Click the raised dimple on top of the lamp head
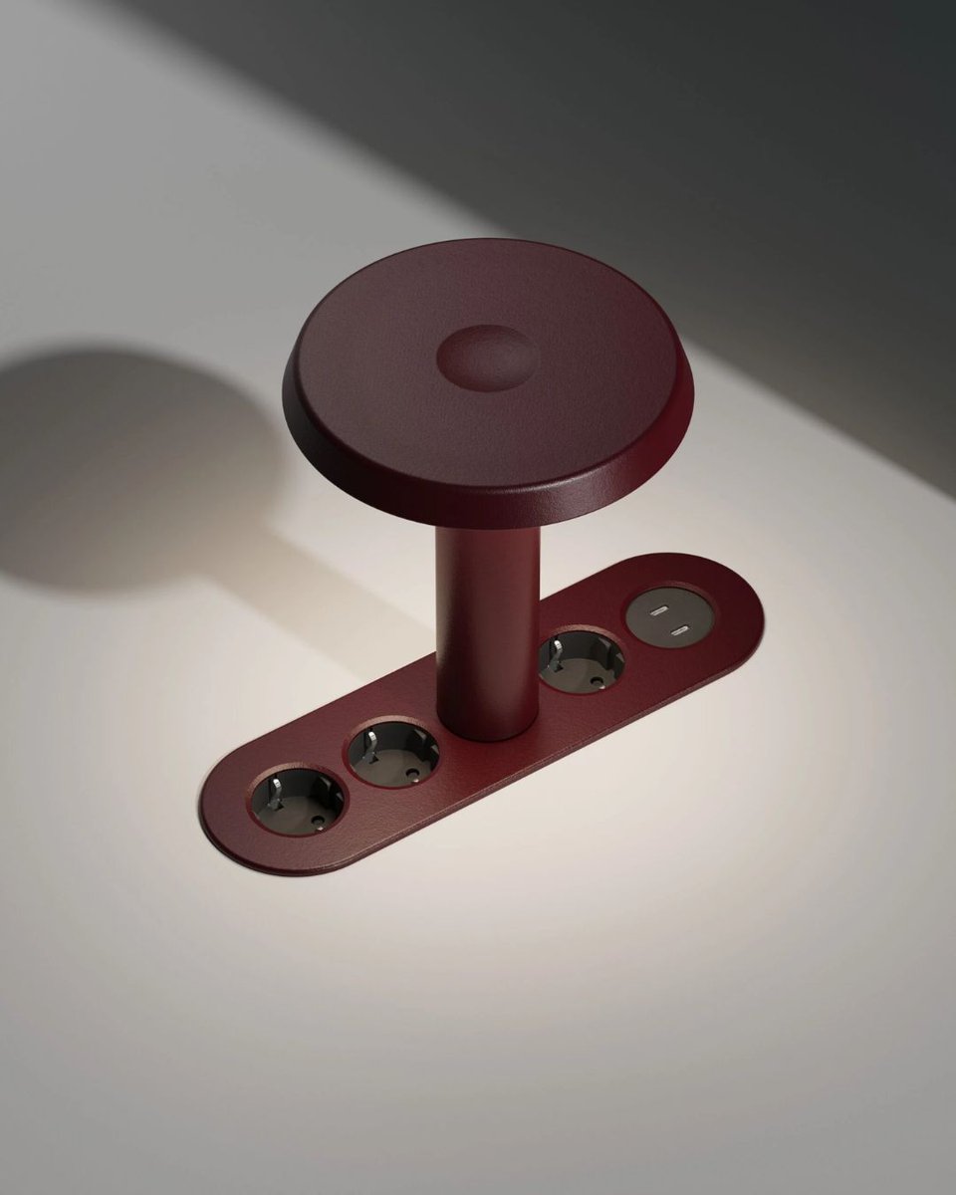pos(488,357)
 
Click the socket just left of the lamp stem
pos(393,754)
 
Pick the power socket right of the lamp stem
pos(582,661)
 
